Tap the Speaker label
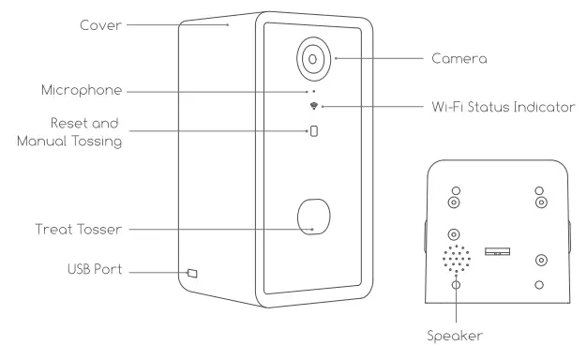click(458, 333)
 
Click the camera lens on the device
click(312, 58)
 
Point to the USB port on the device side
click(192, 273)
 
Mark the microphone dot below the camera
click(312, 92)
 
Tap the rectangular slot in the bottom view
click(497, 250)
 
